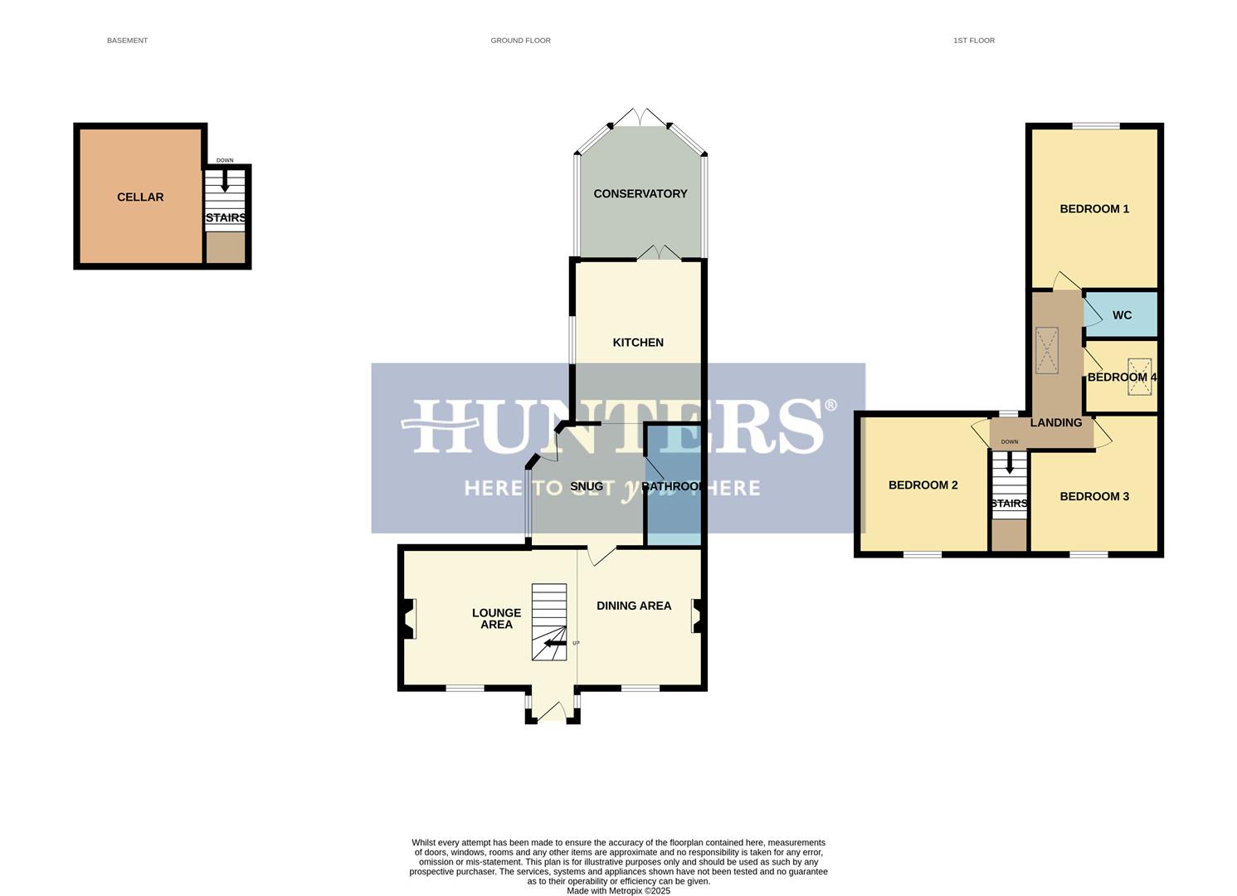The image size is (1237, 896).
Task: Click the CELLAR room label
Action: [x=140, y=197]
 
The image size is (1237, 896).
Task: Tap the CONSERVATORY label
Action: [x=640, y=193]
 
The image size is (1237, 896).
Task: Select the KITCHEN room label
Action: [x=637, y=342]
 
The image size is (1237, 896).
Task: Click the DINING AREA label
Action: [x=634, y=606]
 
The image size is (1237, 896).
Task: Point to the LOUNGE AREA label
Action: [x=496, y=618]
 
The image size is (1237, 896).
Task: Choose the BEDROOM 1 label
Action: [x=1093, y=208]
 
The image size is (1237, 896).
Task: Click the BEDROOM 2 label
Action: [x=923, y=485]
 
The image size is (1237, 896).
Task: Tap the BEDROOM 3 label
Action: [x=1093, y=496]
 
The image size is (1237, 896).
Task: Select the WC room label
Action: [x=1122, y=315]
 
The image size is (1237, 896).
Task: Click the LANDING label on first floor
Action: [x=1055, y=422]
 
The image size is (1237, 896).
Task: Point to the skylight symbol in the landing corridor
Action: [x=1047, y=350]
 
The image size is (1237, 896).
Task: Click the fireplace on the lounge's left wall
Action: [x=408, y=619]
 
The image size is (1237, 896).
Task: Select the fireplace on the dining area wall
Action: [x=698, y=616]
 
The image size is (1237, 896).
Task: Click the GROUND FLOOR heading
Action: [x=520, y=40]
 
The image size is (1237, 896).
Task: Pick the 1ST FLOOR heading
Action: [x=973, y=40]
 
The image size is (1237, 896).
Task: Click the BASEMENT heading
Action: [x=127, y=40]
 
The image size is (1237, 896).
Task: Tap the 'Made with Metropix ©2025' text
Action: [x=618, y=890]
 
